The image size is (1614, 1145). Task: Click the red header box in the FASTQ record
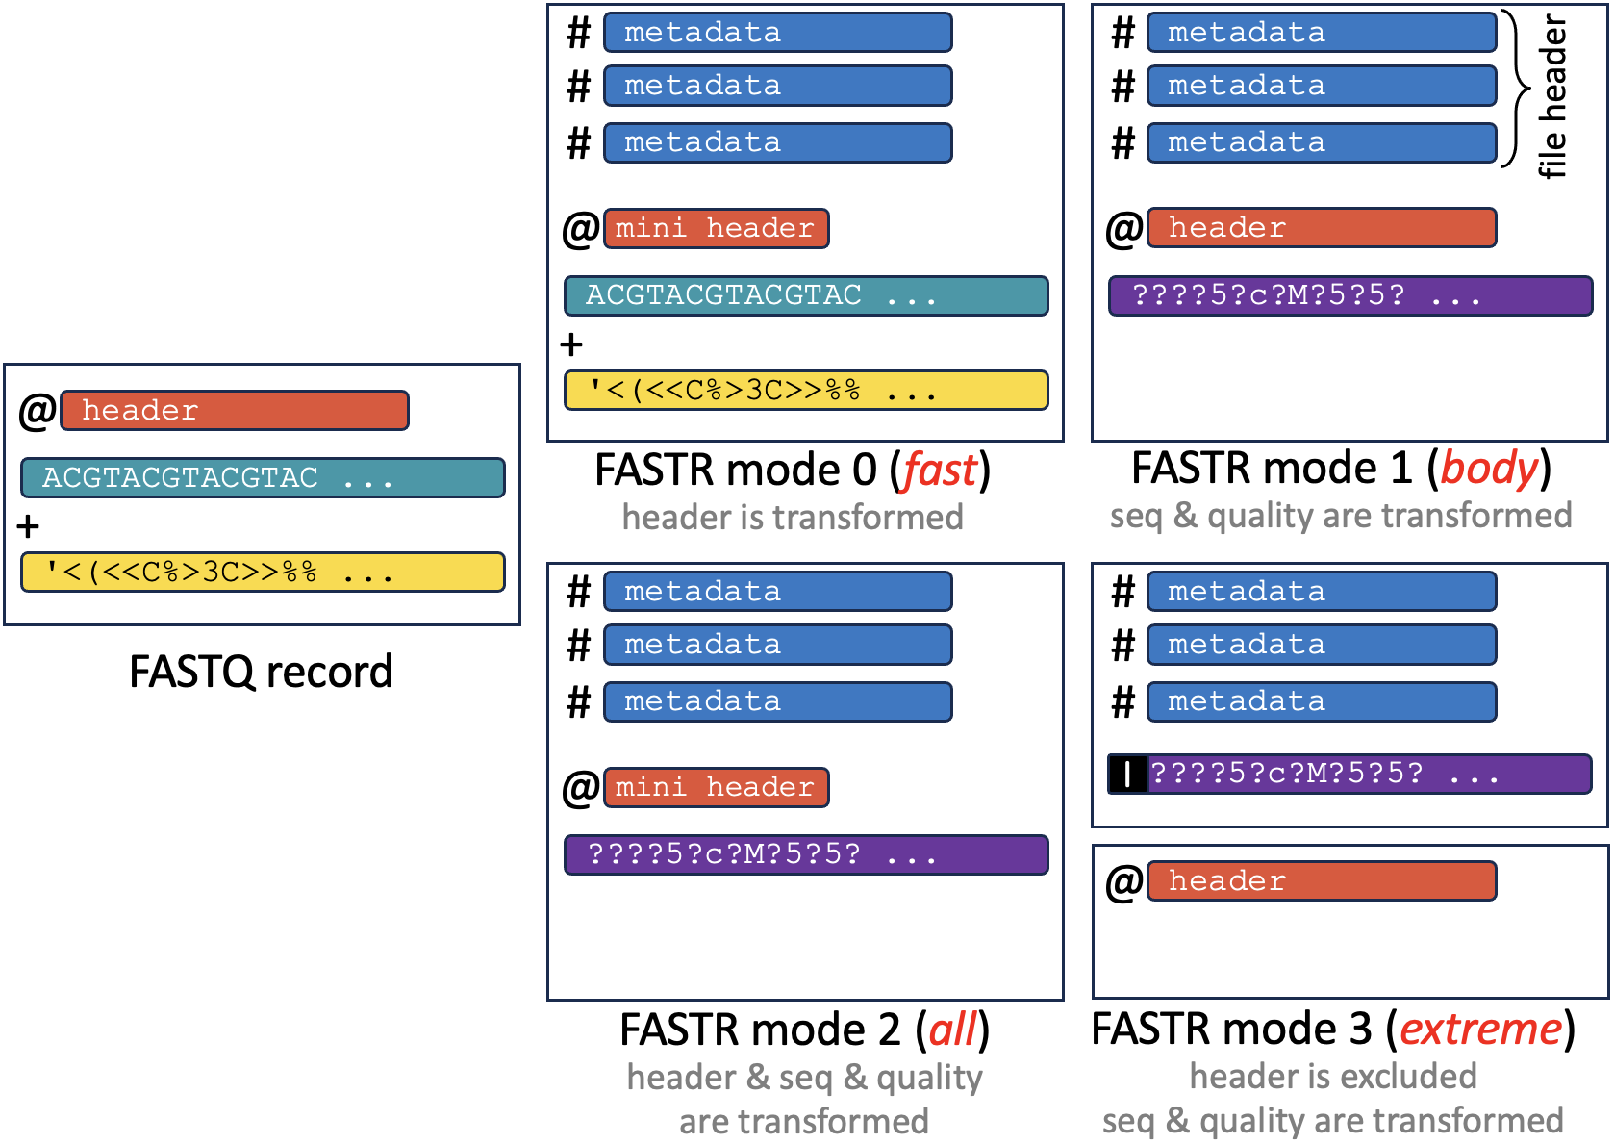(x=235, y=410)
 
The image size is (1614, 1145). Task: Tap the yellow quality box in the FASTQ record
(x=263, y=572)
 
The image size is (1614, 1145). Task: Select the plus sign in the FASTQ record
(x=28, y=526)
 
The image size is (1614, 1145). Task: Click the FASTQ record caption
(x=261, y=672)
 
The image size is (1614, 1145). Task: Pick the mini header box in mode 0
(x=716, y=228)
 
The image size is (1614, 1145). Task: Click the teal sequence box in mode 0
(x=806, y=295)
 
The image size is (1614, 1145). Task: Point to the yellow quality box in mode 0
(x=806, y=391)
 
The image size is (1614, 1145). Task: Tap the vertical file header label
(x=1552, y=96)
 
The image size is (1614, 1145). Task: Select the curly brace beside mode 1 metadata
(x=1517, y=89)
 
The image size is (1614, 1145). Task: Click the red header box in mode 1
(x=1322, y=228)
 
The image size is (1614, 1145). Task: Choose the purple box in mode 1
(x=1350, y=295)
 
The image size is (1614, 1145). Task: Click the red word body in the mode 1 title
(x=1489, y=469)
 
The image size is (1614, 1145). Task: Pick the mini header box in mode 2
(x=716, y=787)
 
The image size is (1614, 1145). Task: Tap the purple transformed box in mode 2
(x=806, y=854)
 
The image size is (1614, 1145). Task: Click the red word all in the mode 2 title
(x=952, y=1030)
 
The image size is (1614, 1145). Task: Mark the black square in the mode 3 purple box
(x=1127, y=774)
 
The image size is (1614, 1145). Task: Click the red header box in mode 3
(x=1322, y=880)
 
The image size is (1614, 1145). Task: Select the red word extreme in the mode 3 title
(x=1480, y=1029)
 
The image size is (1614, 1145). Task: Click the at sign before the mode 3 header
(x=1123, y=881)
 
